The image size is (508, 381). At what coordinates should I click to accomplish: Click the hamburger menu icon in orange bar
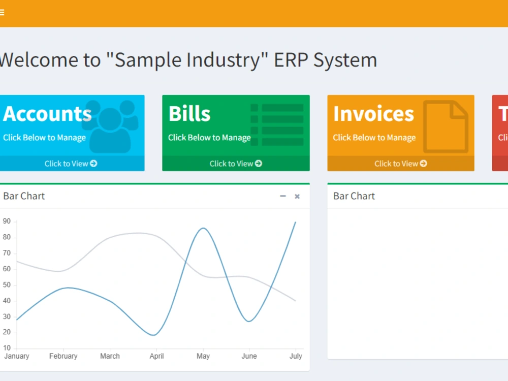(x=2, y=13)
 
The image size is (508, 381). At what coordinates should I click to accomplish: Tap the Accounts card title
(x=47, y=114)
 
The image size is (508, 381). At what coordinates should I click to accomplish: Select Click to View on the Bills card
(x=236, y=164)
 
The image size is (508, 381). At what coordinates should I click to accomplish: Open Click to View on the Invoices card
(x=400, y=164)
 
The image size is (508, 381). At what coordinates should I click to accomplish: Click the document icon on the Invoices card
(x=446, y=126)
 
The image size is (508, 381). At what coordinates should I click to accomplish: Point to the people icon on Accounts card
(x=112, y=126)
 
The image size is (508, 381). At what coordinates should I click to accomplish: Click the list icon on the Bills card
(x=277, y=125)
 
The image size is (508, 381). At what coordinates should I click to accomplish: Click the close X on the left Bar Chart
(x=297, y=197)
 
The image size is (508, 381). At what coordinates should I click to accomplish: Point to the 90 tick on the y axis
(x=7, y=221)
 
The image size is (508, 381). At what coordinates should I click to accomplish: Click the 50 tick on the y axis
(x=7, y=285)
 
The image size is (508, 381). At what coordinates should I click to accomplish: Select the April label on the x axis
(x=156, y=356)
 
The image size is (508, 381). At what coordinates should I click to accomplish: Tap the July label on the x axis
(x=296, y=356)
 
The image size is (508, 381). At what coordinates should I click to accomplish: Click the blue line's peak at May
(x=203, y=228)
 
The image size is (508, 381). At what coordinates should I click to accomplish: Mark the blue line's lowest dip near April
(x=154, y=335)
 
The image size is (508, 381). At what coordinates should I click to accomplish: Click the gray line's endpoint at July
(x=295, y=301)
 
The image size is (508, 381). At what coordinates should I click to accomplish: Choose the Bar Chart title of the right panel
(x=354, y=196)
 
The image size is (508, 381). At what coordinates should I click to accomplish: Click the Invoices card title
(x=373, y=114)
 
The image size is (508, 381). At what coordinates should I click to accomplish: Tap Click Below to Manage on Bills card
(x=209, y=138)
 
